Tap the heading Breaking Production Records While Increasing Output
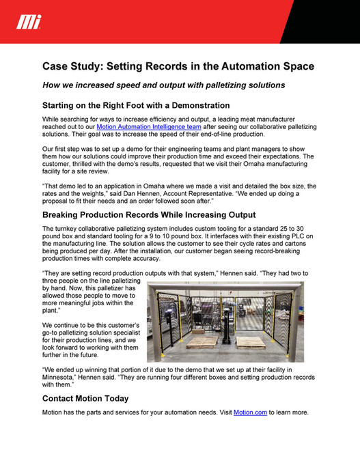148,214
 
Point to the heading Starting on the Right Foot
135,106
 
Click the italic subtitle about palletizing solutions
163,85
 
